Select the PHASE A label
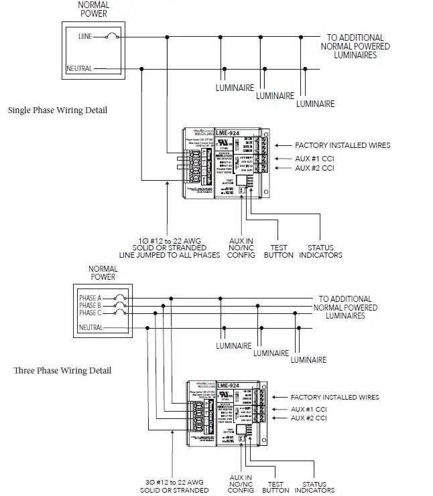pos(90,298)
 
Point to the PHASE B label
pos(90,305)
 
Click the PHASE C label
pos(90,313)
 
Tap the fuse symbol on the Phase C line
pos(119,313)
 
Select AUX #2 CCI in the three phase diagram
pos(308,418)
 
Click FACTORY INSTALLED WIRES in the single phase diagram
pos(343,145)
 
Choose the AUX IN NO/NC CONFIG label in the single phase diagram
pos(241,247)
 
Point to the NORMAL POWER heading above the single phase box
pos(93,9)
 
